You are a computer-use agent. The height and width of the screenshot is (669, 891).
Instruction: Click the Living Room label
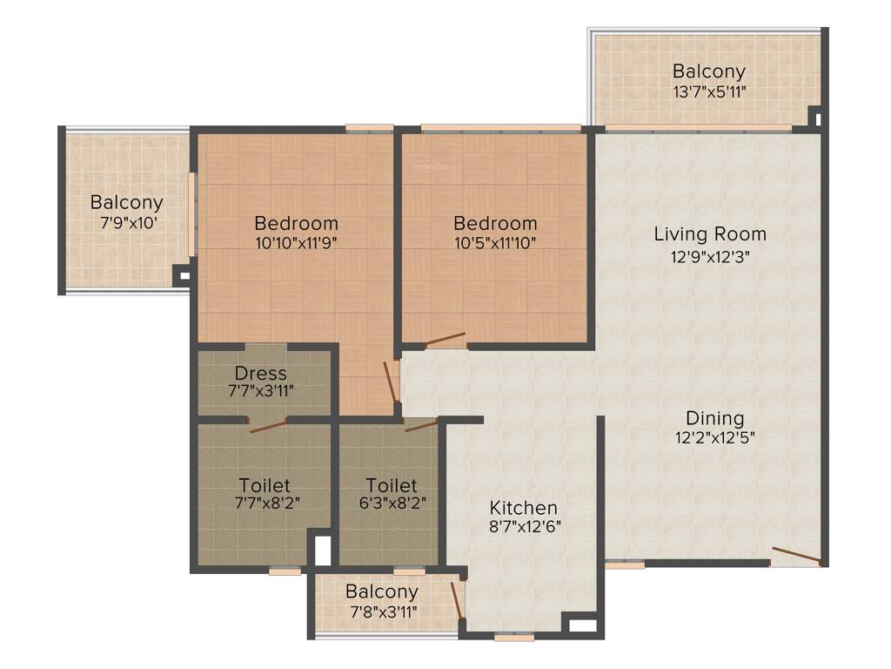pyautogui.click(x=710, y=233)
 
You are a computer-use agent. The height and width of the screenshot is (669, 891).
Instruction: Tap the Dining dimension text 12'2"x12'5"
pyautogui.click(x=714, y=438)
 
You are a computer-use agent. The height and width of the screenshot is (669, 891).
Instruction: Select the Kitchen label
pyautogui.click(x=523, y=508)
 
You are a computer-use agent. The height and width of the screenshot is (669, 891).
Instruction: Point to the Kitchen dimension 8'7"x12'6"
pyautogui.click(x=523, y=527)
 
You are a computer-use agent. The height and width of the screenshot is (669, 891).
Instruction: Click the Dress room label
pyautogui.click(x=260, y=374)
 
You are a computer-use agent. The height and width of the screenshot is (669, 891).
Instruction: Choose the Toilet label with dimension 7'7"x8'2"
pyautogui.click(x=264, y=484)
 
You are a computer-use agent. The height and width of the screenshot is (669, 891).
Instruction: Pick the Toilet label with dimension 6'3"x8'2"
pyautogui.click(x=391, y=484)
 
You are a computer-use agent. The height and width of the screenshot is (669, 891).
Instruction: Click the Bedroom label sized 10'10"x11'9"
pyautogui.click(x=296, y=223)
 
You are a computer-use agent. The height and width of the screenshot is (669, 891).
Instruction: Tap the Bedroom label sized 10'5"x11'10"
pyautogui.click(x=495, y=224)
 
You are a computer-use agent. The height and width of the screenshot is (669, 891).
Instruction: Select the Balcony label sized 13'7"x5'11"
pyautogui.click(x=708, y=71)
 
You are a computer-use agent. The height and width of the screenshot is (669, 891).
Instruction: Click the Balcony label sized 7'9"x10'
pyautogui.click(x=126, y=203)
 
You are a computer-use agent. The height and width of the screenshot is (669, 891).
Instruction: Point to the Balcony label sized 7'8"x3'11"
pyautogui.click(x=381, y=592)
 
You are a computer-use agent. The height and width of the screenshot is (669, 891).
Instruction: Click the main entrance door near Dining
pyautogui.click(x=795, y=557)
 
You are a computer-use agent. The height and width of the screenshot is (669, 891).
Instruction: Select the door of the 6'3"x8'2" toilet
pyautogui.click(x=421, y=425)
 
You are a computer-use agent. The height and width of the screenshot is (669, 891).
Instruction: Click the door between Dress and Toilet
pyautogui.click(x=267, y=425)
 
